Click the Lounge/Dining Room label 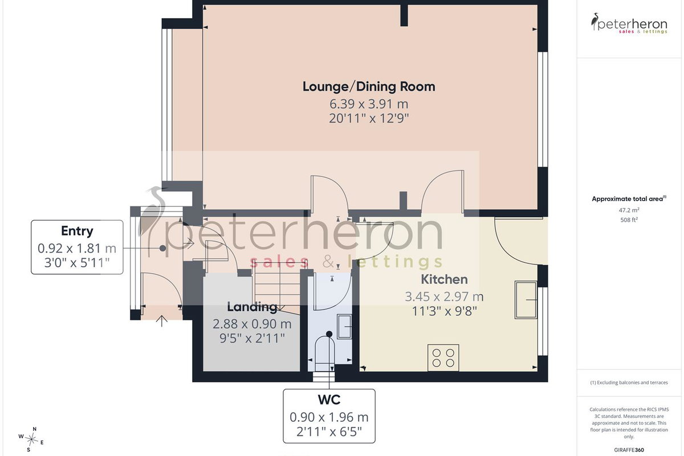pos(369,87)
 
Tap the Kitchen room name pos(444,279)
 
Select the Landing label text pos(252,307)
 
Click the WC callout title pos(329,400)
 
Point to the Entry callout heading pos(77,231)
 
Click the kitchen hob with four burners pos(443,357)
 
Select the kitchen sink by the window pos(526,300)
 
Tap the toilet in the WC pos(324,355)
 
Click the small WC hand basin pos(344,326)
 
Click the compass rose pos(31,440)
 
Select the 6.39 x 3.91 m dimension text pos(369,104)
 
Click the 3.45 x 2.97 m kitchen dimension pos(444,296)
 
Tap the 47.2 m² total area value pos(629,210)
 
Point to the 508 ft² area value pos(629,219)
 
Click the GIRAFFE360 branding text pos(629,450)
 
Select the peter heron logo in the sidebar pos(629,23)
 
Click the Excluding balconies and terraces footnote pos(629,382)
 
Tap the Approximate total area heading pos(629,199)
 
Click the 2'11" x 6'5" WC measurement pos(329,432)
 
